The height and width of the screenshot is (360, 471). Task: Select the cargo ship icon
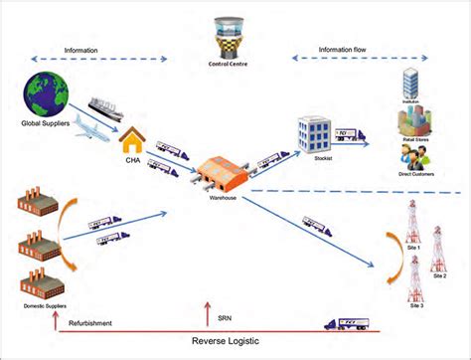click(105, 106)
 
